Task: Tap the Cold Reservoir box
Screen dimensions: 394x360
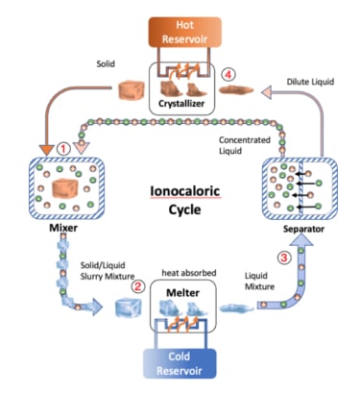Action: point(180,363)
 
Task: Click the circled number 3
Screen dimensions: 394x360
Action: point(283,257)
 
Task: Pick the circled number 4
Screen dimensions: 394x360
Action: point(228,74)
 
